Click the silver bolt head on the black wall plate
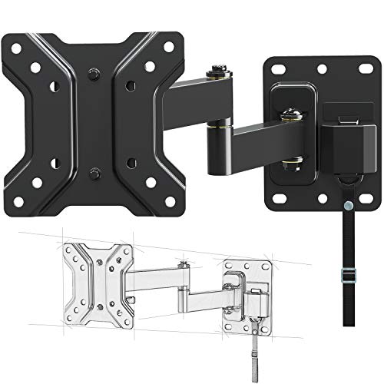[x=294, y=115]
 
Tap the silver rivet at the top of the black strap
[x=350, y=207]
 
